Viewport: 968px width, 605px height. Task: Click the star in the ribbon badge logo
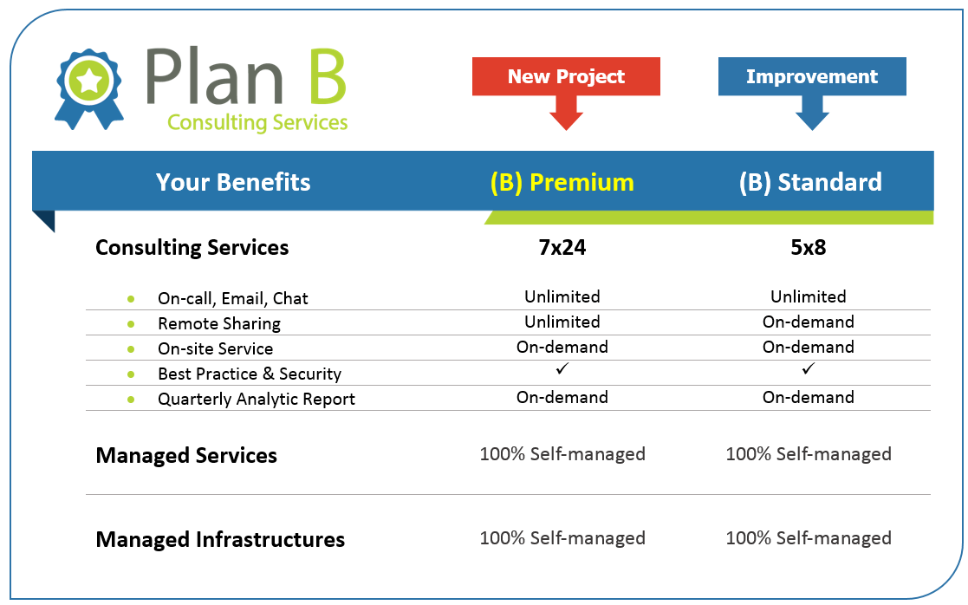(89, 81)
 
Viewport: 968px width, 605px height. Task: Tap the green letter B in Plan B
(328, 76)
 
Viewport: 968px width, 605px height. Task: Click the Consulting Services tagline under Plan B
(257, 122)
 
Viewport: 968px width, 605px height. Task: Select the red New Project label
(566, 76)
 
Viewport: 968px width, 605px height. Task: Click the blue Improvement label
(812, 76)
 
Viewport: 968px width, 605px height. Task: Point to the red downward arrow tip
(566, 130)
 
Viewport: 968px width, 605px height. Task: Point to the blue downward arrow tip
(812, 130)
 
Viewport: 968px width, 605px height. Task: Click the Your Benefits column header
(233, 182)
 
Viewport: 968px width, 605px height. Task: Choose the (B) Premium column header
(562, 183)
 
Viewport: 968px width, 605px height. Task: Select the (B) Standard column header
(810, 183)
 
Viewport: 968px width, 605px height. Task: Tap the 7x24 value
(562, 247)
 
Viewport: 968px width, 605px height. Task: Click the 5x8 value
(808, 247)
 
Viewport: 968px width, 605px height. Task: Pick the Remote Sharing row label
(219, 323)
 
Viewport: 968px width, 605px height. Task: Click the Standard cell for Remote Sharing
(808, 322)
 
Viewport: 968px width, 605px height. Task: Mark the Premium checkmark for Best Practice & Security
(562, 368)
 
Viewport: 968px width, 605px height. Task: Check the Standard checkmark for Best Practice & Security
(808, 368)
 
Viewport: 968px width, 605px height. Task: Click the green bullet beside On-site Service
(131, 348)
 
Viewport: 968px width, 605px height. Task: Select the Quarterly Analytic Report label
(257, 399)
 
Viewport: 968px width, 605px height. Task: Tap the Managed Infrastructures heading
(220, 539)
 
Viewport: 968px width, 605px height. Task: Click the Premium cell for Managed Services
(562, 454)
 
